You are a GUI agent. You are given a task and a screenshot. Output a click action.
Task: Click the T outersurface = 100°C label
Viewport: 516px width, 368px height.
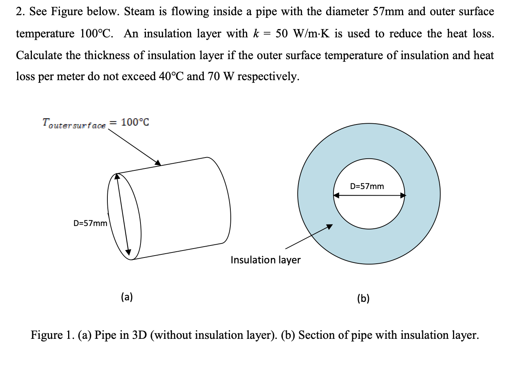click(x=95, y=123)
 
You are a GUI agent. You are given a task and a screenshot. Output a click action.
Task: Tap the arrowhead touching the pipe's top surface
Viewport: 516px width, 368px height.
click(x=158, y=163)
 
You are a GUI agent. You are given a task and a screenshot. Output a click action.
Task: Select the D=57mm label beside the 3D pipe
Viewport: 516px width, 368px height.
click(x=90, y=223)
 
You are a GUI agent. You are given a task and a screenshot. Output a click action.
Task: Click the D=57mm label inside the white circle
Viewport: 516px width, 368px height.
click(x=367, y=186)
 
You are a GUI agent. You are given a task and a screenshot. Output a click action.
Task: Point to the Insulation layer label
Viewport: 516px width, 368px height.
click(x=265, y=260)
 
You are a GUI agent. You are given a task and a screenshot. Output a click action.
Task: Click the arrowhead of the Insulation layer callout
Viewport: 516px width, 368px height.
click(x=330, y=226)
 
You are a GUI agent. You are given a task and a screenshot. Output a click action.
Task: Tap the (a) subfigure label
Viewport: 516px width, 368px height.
click(x=127, y=298)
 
